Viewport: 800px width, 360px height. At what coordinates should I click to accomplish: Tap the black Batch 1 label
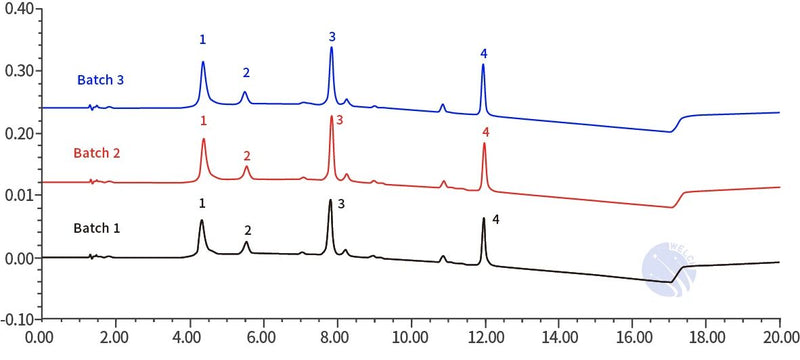[x=97, y=227]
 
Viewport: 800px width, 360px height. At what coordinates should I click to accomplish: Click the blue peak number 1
[x=202, y=40]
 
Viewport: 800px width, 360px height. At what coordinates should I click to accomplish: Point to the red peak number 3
[x=339, y=120]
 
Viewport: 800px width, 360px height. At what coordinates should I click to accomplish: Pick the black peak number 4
[x=495, y=218]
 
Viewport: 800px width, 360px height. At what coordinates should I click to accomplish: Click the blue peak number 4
[x=483, y=52]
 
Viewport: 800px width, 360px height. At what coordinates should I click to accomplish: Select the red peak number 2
[x=247, y=156]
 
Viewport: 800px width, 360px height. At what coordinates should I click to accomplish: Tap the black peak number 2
[x=248, y=230]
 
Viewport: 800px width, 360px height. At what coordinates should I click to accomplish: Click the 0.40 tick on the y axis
[x=18, y=9]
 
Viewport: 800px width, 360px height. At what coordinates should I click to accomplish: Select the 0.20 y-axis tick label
[x=18, y=133]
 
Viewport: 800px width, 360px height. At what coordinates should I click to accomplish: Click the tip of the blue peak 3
[x=331, y=48]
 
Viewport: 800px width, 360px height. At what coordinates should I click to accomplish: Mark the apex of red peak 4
[x=485, y=143]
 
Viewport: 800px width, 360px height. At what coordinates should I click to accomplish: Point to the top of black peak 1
[x=201, y=221]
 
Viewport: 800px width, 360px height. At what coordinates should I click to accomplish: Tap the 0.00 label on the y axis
[x=18, y=258]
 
